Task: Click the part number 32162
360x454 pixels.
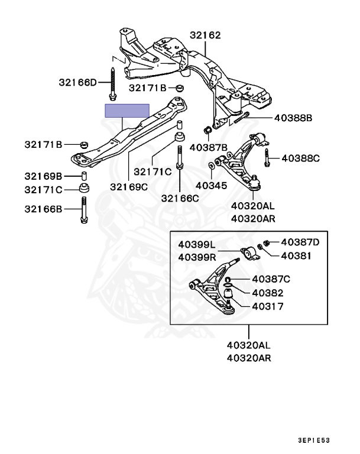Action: [205, 35]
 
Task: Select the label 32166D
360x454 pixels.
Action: [77, 82]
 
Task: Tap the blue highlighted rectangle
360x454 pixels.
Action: [127, 111]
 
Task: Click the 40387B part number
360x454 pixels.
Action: [208, 147]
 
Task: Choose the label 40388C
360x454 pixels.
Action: [300, 158]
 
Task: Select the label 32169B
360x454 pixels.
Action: [43, 176]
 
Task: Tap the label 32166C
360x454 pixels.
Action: [180, 198]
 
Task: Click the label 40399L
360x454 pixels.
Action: [197, 245]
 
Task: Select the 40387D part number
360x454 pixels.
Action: [300, 242]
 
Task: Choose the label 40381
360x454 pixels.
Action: [295, 255]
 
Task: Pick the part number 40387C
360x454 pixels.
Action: [271, 278]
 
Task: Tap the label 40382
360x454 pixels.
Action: [267, 293]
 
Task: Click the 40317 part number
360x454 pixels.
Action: [267, 307]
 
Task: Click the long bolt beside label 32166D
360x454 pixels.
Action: [112, 83]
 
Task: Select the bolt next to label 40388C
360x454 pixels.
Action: [268, 158]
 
